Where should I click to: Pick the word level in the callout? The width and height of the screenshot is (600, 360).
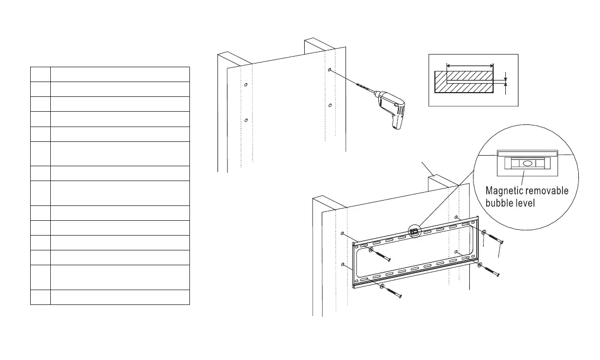pyautogui.click(x=531, y=203)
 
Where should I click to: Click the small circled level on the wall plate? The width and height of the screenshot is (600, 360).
pyautogui.click(x=414, y=231)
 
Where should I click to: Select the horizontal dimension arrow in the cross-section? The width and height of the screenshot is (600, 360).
pyautogui.click(x=470, y=66)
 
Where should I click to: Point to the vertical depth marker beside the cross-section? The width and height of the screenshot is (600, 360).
pyautogui.click(x=506, y=82)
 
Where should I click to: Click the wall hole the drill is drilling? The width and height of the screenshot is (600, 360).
pyautogui.click(x=329, y=70)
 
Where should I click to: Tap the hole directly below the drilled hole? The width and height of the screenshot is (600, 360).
pyautogui.click(x=330, y=105)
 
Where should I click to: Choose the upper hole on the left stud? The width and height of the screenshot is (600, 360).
pyautogui.click(x=246, y=85)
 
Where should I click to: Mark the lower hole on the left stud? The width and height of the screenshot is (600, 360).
pyautogui.click(x=247, y=120)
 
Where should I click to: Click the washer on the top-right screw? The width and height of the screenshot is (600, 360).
pyautogui.click(x=484, y=232)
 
